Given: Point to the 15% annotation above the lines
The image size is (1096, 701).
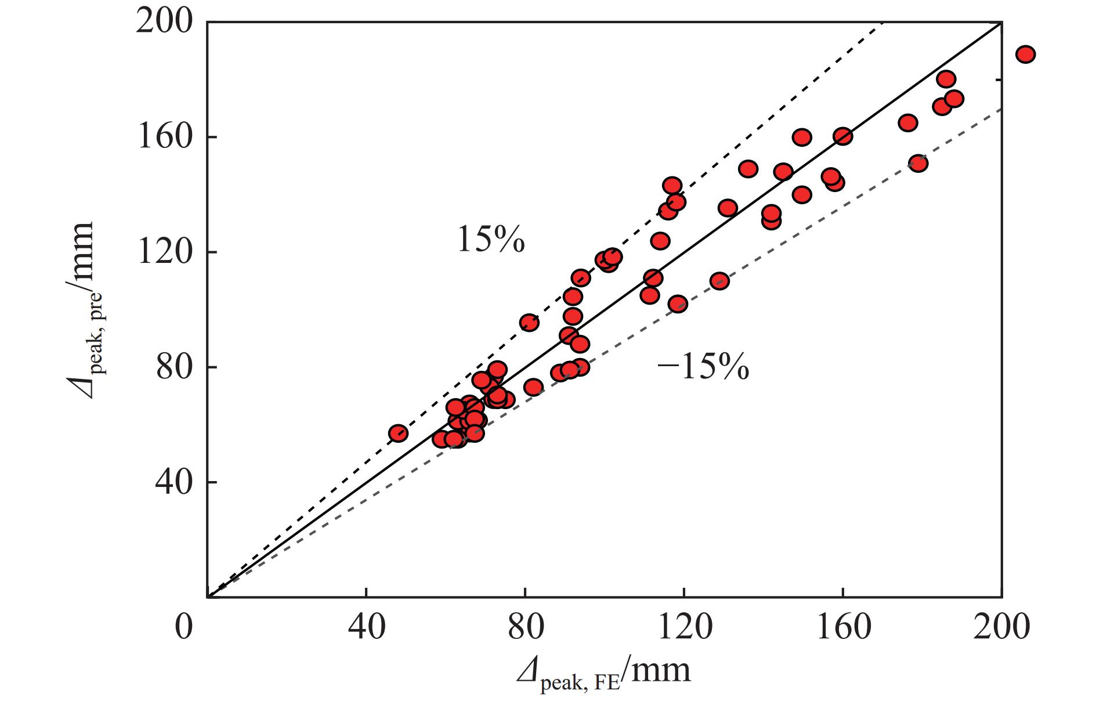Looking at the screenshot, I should pyautogui.click(x=491, y=240).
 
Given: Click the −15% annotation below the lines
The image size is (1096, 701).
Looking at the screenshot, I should pyautogui.click(x=703, y=367).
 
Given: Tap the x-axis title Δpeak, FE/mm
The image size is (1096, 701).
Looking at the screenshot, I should pyautogui.click(x=603, y=674).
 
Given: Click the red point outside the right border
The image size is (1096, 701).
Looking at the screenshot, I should pyautogui.click(x=1025, y=55).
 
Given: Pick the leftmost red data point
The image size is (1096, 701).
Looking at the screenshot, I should pyautogui.click(x=398, y=433).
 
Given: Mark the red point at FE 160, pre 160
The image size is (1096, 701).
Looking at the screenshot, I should pyautogui.click(x=842, y=137).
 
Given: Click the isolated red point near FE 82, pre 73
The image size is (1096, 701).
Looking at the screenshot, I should pyautogui.click(x=533, y=387).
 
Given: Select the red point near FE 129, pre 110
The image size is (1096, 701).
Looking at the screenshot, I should pyautogui.click(x=719, y=281).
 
